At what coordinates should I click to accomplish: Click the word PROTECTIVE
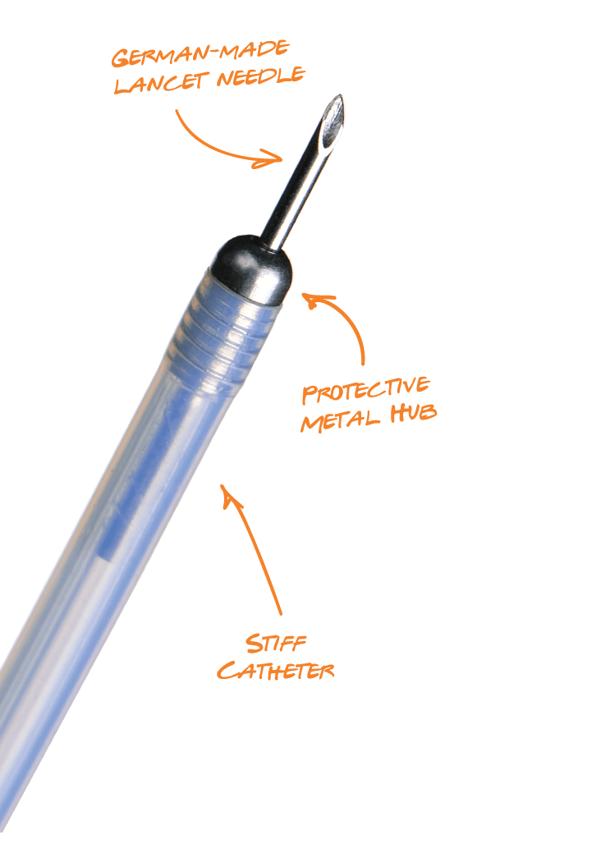point(365,389)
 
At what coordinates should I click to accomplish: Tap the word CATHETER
point(276,671)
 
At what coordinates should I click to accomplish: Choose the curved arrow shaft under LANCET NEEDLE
point(213,144)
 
